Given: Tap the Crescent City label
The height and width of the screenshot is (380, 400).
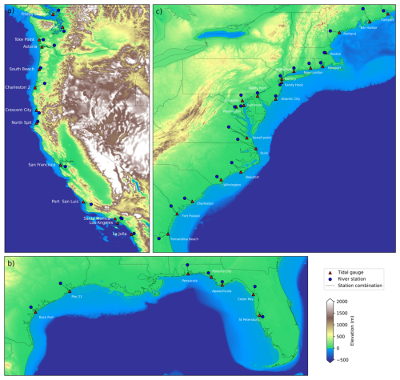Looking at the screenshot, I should [18, 110].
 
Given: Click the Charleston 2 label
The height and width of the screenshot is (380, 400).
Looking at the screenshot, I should [18, 87].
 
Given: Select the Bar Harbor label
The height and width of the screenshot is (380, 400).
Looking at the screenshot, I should [368, 27].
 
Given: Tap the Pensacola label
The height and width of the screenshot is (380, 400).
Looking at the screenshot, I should [190, 281].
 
